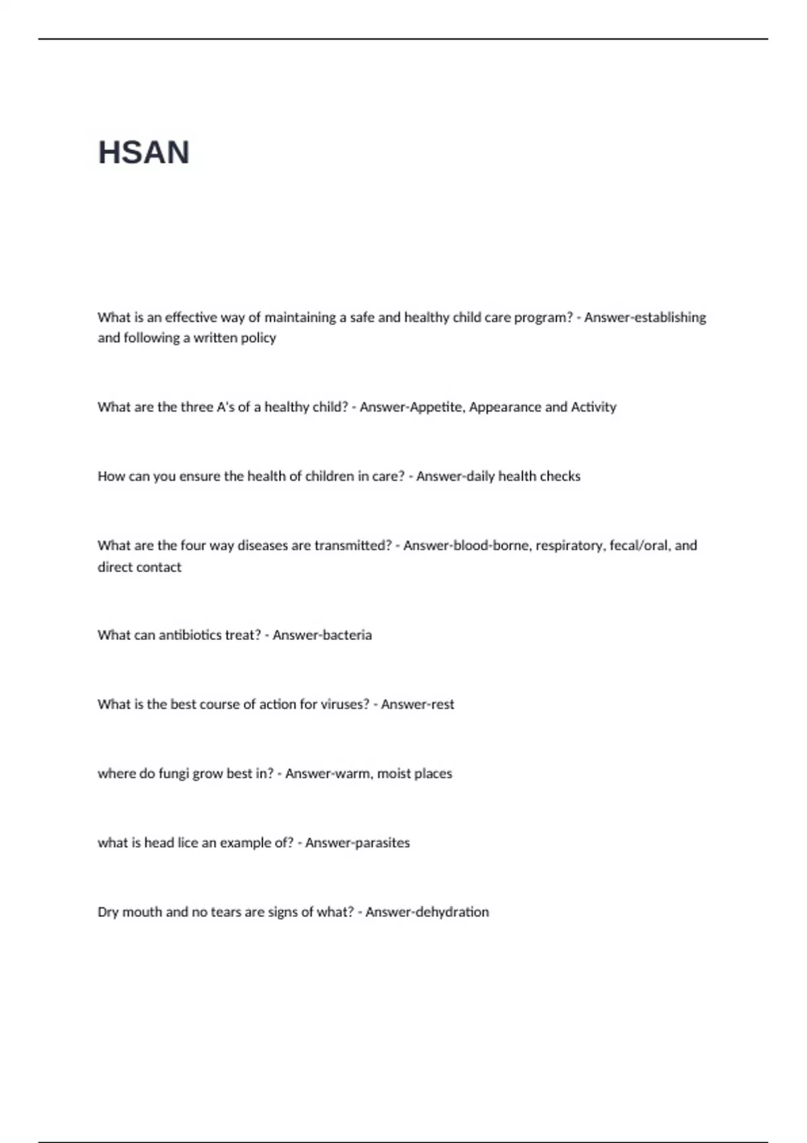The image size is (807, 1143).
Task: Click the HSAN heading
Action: coord(144,153)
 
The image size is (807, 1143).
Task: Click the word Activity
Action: coord(593,407)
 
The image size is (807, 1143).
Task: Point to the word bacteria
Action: coord(347,635)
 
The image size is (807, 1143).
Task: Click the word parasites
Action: coord(383,843)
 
